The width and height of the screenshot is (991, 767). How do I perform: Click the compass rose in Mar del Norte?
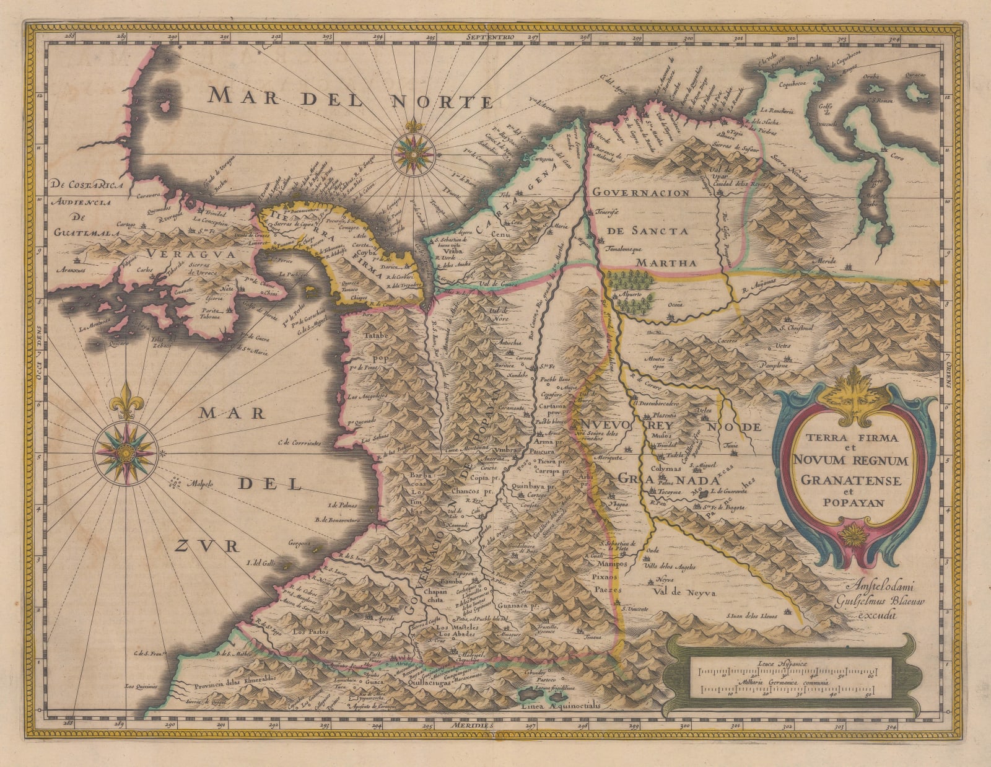click(x=409, y=149)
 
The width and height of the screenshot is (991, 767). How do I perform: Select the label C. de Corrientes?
click(x=300, y=443)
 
